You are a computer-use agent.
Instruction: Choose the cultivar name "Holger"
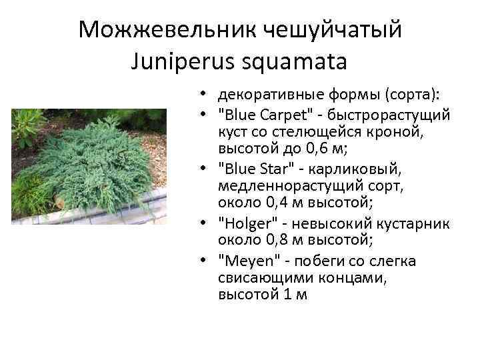[x=243, y=223]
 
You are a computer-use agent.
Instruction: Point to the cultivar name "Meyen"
[x=243, y=261]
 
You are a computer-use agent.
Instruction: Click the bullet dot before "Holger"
[x=202, y=223]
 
